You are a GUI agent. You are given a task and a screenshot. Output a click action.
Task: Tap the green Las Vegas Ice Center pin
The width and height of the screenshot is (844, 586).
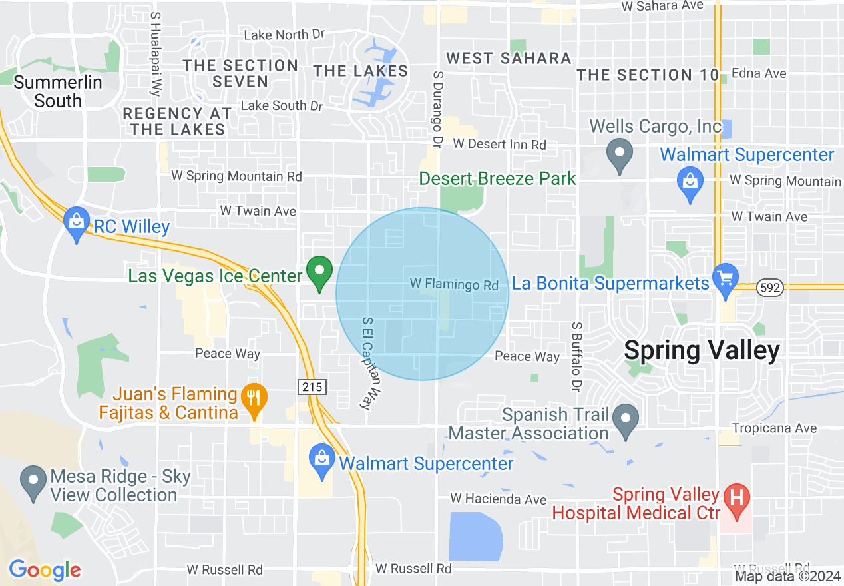pos(319,272)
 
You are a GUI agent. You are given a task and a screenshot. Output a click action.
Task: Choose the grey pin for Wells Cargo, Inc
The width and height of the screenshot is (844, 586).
pos(620,154)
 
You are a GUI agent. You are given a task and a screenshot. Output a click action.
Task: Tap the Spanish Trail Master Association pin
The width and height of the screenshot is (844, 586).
pos(625,420)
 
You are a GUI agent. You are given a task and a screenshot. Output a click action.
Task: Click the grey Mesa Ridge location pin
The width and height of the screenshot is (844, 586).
pos(33,482)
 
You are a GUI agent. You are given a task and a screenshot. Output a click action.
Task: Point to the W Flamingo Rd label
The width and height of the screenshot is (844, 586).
pos(454,285)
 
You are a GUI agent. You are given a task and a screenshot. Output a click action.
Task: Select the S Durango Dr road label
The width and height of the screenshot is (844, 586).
pos(437,110)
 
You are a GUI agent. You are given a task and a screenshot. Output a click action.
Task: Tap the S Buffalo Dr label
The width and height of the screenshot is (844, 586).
pos(576,356)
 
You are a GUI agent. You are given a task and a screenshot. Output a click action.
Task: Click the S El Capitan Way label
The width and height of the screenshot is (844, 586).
pos(367,362)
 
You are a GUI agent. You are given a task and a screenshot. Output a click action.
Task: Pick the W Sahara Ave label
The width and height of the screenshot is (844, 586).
pos(662,6)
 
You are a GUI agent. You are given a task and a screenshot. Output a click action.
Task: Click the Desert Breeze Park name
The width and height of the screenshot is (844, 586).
pos(497,178)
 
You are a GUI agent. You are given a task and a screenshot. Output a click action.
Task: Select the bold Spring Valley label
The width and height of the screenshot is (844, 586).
pos(702,350)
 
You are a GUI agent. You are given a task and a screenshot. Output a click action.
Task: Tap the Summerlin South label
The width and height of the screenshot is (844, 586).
pos(58,92)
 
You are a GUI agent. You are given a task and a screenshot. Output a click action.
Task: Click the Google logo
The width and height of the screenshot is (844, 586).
pos(45,570)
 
